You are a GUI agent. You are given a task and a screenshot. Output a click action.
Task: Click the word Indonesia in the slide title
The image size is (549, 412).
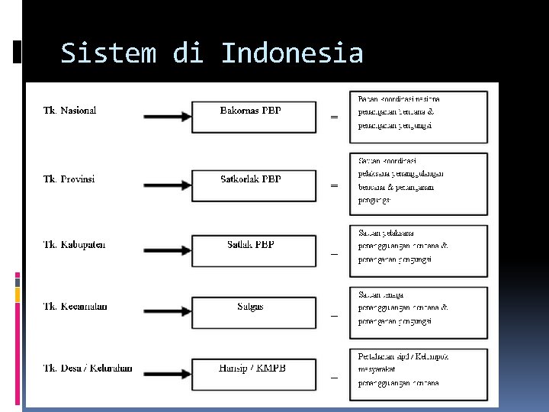point(292,54)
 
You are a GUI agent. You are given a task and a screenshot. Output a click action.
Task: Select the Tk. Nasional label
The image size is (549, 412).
point(69,111)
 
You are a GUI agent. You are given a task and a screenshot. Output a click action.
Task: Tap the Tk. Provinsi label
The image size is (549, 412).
point(69,179)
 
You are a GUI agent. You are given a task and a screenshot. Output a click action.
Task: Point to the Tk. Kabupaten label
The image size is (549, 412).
point(74,245)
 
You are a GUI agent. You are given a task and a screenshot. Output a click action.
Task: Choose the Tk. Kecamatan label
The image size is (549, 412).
point(75,307)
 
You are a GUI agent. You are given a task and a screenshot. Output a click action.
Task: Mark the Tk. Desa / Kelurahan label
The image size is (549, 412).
point(87,369)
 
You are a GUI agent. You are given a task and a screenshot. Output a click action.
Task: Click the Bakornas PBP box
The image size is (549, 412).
point(252,117)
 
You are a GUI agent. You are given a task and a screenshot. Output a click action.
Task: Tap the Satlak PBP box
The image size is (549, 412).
point(252,250)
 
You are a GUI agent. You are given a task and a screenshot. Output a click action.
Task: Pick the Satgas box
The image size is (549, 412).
point(252,313)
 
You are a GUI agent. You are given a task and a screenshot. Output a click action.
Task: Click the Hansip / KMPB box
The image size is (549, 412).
point(252,374)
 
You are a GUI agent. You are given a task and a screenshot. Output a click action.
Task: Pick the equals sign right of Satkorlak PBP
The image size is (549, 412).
point(333,185)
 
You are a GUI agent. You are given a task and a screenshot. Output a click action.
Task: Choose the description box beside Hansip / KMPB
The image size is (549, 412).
point(418,374)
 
